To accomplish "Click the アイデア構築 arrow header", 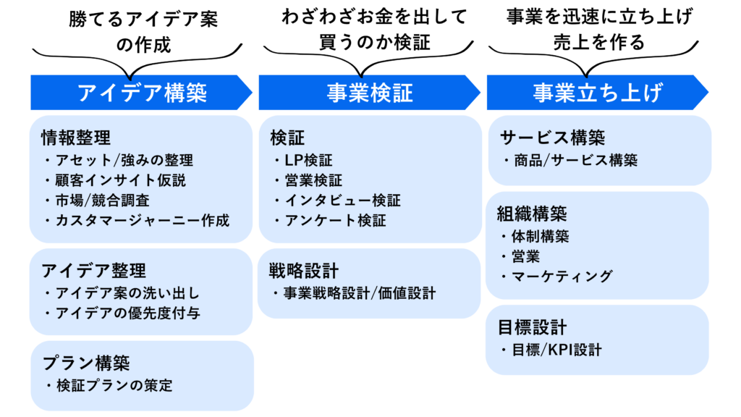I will [142, 93].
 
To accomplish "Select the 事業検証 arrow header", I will [369, 93].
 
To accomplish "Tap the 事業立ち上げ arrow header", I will [597, 93].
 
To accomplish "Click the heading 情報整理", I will [76, 137].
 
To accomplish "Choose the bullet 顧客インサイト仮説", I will [120, 180].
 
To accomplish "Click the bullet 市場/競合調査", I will [102, 201].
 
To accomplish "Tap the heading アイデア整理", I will [93, 270].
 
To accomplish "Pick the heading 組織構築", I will [532, 214].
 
